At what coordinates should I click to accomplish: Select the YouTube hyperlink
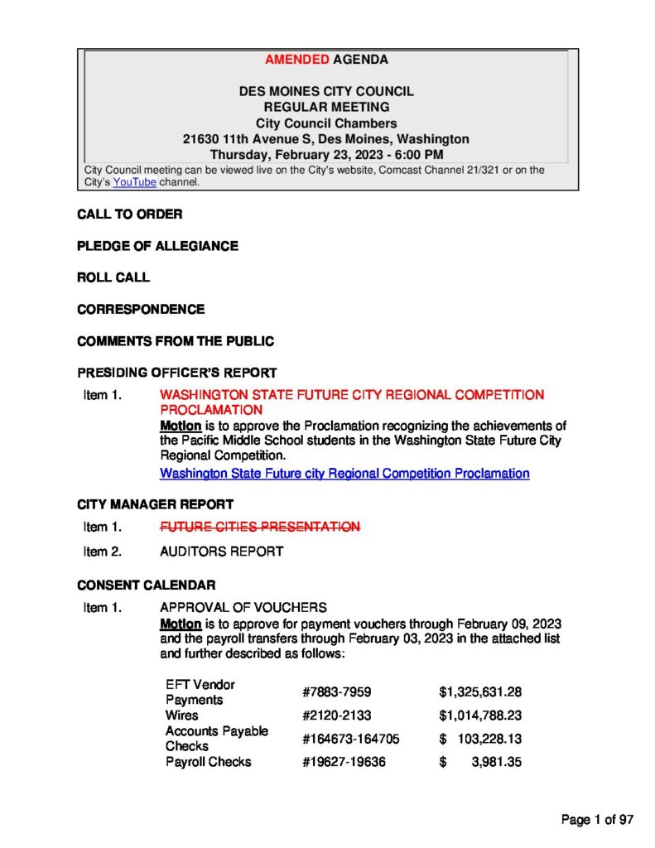134,182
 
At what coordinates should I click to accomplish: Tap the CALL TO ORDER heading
129,214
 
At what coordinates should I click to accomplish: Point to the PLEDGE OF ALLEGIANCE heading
157,246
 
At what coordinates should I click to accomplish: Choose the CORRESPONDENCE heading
141,309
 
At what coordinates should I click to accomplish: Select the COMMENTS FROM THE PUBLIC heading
176,340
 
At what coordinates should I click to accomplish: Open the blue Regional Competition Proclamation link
344,474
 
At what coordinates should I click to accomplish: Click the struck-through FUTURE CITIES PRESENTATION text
260,527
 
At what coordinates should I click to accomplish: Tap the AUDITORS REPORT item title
221,551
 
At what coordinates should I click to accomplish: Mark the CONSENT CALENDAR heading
147,585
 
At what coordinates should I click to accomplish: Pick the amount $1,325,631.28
480,692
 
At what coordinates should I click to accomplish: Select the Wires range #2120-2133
339,715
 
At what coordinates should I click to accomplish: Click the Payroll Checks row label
208,762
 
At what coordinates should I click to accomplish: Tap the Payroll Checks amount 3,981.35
496,762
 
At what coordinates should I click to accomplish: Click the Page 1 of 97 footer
597,820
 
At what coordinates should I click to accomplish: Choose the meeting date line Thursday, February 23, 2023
326,155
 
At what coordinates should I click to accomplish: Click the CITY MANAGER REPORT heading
155,503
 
